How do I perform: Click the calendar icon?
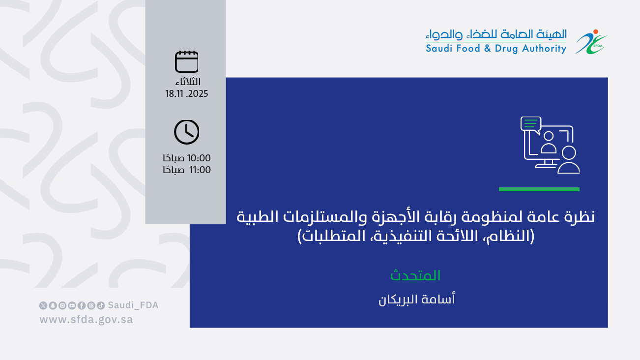187,61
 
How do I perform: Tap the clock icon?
187,132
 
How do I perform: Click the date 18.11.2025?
187,94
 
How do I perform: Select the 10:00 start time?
199,158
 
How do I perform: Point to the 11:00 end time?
200,170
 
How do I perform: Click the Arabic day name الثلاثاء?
188,82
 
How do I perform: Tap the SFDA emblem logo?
591,42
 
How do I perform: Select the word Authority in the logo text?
544,49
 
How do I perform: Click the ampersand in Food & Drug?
488,48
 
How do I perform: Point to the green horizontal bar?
539,189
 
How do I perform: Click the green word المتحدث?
415,275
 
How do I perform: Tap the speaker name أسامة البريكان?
416,300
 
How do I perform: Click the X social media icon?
43,305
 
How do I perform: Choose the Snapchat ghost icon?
53,305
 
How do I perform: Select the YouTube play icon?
72,305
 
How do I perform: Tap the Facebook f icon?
82,305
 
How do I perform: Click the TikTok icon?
101,305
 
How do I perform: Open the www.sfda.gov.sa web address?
86,319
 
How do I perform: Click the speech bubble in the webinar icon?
531,124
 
